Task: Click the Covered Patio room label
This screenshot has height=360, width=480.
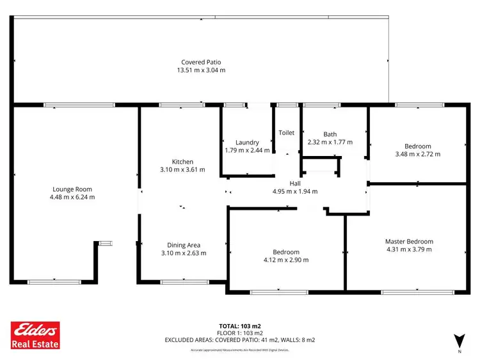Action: click(200, 62)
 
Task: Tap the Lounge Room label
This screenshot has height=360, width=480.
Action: click(72, 189)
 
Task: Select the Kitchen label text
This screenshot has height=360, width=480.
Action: click(182, 162)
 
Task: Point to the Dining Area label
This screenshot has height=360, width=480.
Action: click(182, 245)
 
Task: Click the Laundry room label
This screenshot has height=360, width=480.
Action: click(246, 142)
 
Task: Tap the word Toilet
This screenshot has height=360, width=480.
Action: click(286, 133)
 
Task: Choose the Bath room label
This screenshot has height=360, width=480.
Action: click(330, 134)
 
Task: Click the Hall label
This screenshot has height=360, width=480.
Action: click(295, 184)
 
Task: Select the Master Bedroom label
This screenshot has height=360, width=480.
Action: click(409, 241)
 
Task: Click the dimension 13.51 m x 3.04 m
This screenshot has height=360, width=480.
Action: click(200, 70)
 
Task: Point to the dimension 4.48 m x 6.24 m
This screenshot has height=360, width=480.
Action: click(72, 197)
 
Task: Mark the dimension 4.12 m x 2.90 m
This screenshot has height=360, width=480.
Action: click(285, 260)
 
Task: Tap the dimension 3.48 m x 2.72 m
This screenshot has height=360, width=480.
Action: click(417, 153)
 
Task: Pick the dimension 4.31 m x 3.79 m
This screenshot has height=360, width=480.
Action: click(409, 249)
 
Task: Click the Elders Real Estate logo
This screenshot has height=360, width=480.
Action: click(36, 335)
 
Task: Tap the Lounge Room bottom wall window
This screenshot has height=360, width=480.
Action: click(54, 281)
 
